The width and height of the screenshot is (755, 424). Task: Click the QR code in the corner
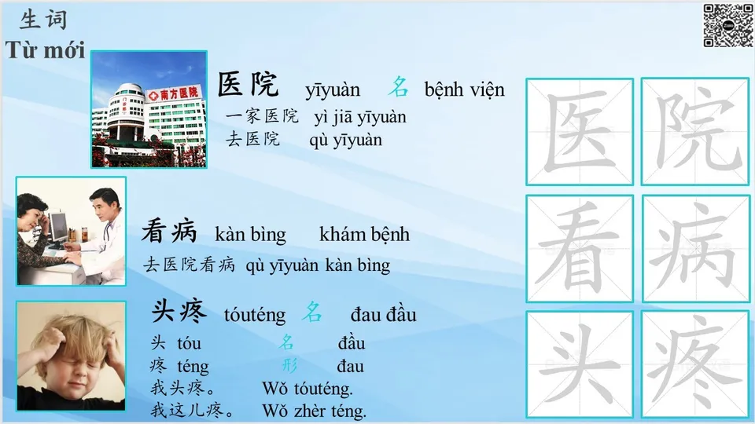click(x=727, y=25)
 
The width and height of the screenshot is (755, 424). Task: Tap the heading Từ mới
click(x=45, y=49)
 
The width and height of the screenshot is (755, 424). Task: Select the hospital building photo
click(x=149, y=109)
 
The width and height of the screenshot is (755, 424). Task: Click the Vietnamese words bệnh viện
click(x=464, y=90)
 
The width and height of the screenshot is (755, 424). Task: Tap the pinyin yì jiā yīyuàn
click(x=360, y=118)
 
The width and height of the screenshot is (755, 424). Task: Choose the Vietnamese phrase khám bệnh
click(x=364, y=235)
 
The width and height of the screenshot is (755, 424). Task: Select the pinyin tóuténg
click(x=255, y=316)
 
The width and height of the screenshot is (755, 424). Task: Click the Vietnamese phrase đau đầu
click(x=383, y=316)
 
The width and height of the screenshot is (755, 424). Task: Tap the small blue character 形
click(x=289, y=365)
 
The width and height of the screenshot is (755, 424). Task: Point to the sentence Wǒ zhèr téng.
click(x=314, y=410)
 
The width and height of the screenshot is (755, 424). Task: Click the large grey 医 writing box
click(x=580, y=131)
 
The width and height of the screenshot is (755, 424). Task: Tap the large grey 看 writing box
click(x=580, y=248)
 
